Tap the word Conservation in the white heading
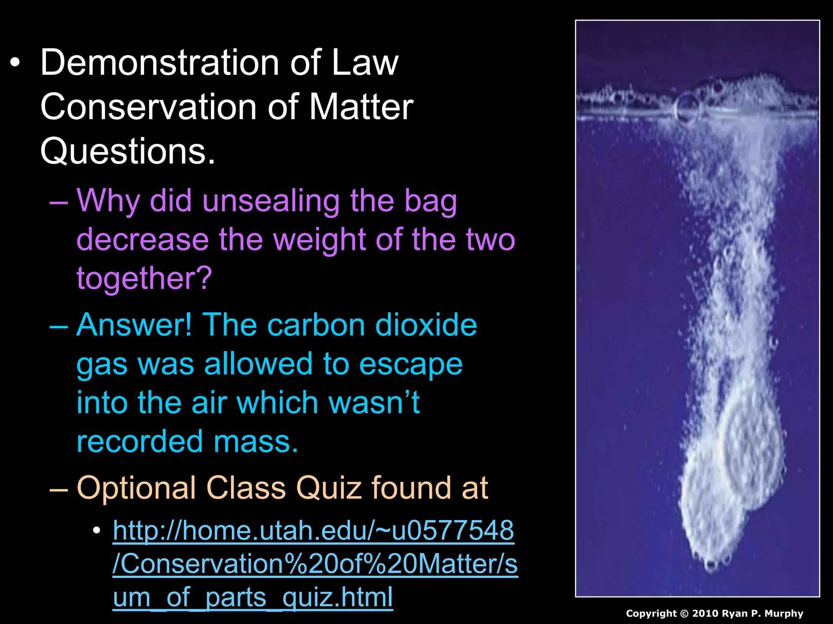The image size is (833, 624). (x=149, y=107)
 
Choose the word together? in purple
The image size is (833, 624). (x=144, y=278)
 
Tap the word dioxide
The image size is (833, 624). (x=426, y=325)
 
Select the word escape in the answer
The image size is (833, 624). (x=411, y=364)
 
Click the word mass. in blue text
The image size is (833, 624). (x=256, y=442)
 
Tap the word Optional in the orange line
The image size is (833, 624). (x=137, y=488)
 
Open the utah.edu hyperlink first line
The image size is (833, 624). (x=313, y=531)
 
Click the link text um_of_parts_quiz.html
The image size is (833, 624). (x=253, y=598)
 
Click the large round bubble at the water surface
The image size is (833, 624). (x=687, y=107)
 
